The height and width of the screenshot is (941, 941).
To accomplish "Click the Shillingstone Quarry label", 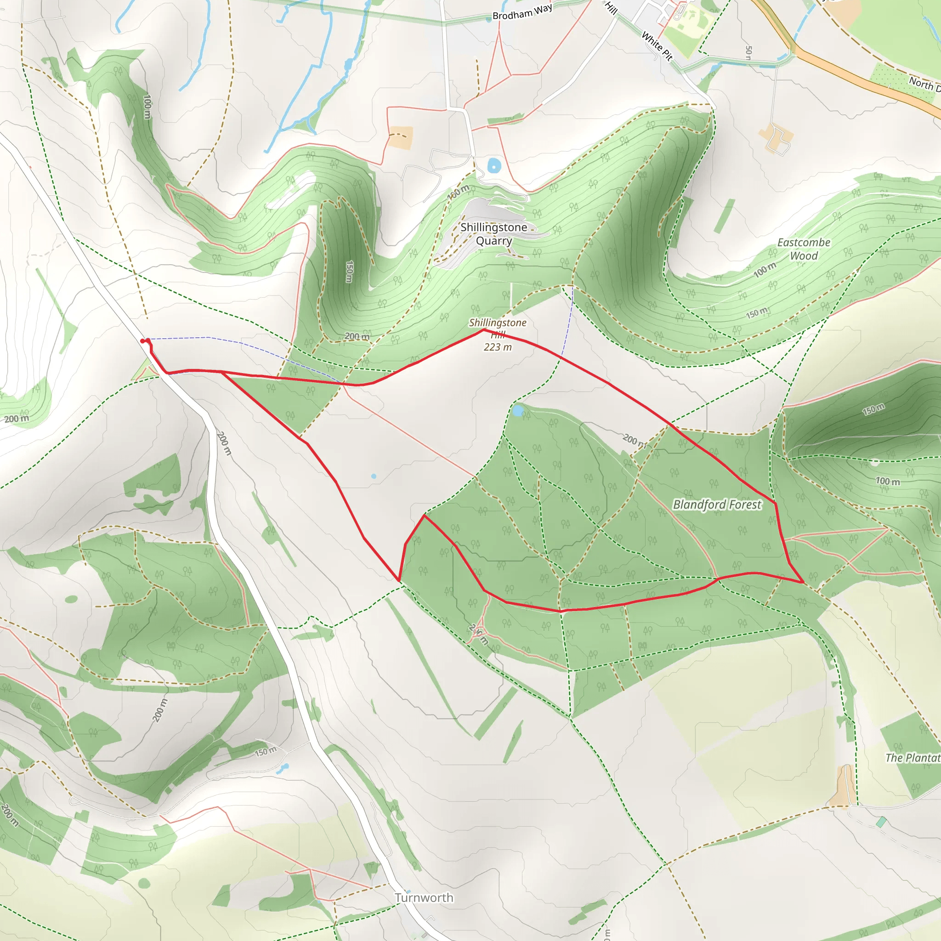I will pos(493,234).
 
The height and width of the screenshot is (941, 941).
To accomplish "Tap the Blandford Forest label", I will pos(716,505).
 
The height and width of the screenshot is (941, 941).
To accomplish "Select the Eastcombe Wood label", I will pos(804,249).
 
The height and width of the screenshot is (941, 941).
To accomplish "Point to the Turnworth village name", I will pos(424,897).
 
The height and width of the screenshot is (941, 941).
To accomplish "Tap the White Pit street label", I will pos(657,46).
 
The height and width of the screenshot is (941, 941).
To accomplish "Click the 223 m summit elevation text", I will pos(497,347).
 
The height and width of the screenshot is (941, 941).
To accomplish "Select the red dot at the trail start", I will pos(143,341).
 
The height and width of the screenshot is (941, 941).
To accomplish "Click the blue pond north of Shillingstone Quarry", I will pos(494,165).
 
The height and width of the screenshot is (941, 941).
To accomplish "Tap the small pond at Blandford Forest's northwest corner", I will pos(518,411).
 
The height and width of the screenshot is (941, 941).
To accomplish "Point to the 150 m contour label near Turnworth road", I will pos(266,752).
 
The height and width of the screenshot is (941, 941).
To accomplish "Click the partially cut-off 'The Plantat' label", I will pos(912,757).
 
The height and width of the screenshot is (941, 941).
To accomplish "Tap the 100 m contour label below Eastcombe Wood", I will pos(765,269).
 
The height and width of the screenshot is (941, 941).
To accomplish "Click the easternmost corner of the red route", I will pos(803,582).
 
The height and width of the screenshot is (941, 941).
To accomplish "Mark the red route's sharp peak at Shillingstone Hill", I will pos(484,330).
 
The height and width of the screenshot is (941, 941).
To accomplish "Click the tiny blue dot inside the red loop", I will pos(374,476).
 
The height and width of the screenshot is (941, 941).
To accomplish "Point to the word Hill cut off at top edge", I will pos(611,7).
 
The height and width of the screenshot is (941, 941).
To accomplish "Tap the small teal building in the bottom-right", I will pos(881,822).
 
